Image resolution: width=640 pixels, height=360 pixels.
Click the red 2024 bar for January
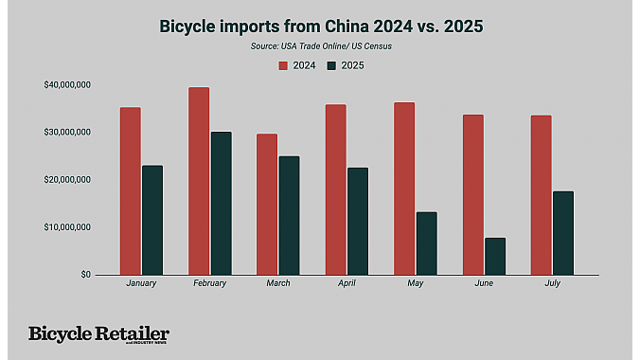[x=130, y=190]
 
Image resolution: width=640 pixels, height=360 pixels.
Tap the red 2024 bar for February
[x=199, y=181]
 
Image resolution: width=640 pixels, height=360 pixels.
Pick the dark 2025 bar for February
[x=221, y=203]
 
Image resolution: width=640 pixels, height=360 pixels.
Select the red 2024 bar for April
[x=335, y=189]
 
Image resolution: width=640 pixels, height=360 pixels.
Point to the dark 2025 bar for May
[x=426, y=243]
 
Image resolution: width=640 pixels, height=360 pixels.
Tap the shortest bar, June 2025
[x=494, y=256]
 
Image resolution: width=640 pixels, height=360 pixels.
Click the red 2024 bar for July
[x=541, y=194]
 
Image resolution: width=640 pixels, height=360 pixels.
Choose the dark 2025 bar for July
[x=563, y=232]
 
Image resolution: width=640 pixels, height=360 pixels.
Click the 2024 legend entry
[x=296, y=65]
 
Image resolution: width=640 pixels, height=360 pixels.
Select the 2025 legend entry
[x=345, y=65]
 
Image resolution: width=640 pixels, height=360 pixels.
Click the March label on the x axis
[x=277, y=283]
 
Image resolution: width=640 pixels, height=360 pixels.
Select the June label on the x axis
[x=483, y=283]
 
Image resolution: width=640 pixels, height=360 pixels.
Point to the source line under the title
[x=319, y=45]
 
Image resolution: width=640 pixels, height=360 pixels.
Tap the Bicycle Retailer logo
[x=98, y=334]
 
